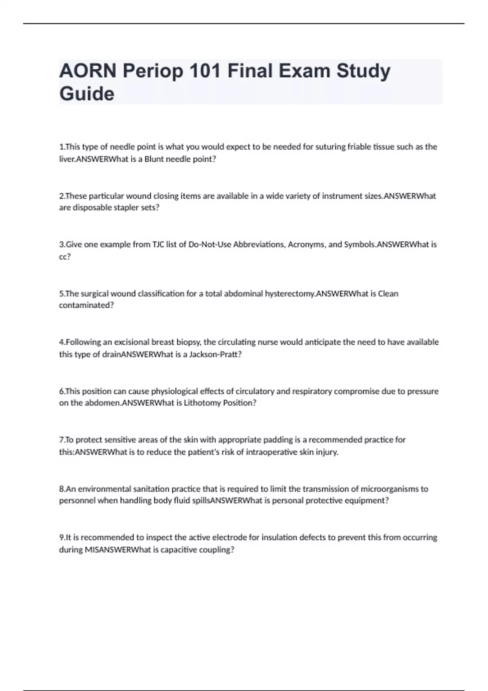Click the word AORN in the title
[x=87, y=71]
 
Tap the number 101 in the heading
[x=205, y=71]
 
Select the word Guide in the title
[x=87, y=94]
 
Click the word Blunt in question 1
[x=154, y=159]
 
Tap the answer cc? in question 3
[x=65, y=256]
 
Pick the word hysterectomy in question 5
[x=290, y=293]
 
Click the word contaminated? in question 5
[x=86, y=305]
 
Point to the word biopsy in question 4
[x=187, y=342]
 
